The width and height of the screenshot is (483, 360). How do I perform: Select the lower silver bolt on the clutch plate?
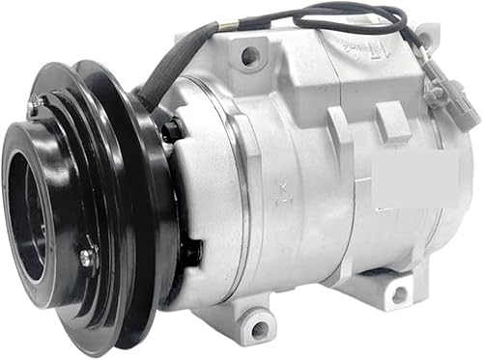pos(86,257)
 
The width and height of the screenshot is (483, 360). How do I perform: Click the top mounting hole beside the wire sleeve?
pos(249,57)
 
